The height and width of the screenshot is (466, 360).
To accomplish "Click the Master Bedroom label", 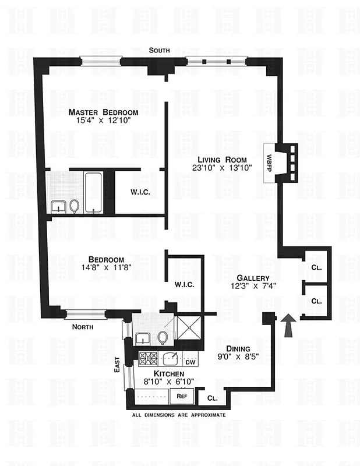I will click(103, 112).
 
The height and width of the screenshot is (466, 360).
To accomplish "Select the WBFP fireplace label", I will click(270, 163).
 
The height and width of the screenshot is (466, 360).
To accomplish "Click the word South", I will click(159, 51).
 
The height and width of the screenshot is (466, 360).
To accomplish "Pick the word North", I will click(82, 327).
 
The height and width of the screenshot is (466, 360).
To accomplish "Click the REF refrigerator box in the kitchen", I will click(182, 396).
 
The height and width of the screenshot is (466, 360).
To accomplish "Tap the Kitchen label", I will click(169, 373).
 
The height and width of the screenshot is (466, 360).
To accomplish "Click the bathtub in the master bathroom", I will click(93, 192).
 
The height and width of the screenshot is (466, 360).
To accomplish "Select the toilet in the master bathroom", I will click(74, 205).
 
